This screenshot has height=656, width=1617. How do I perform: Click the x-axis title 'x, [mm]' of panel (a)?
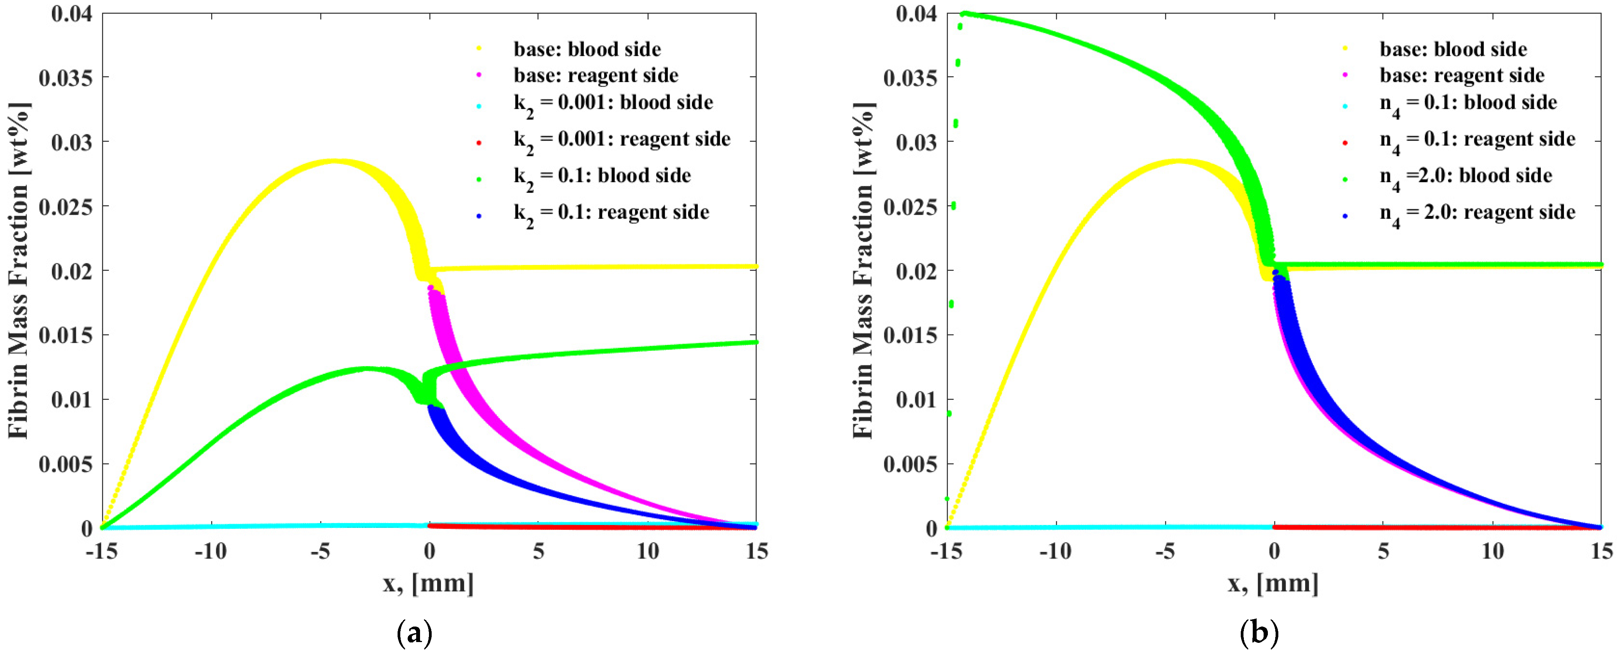coord(429,584)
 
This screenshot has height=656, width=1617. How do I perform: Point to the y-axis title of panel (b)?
coord(863,270)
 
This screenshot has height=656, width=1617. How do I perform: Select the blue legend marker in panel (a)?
coord(479,216)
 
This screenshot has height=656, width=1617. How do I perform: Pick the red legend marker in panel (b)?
coord(1345,143)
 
